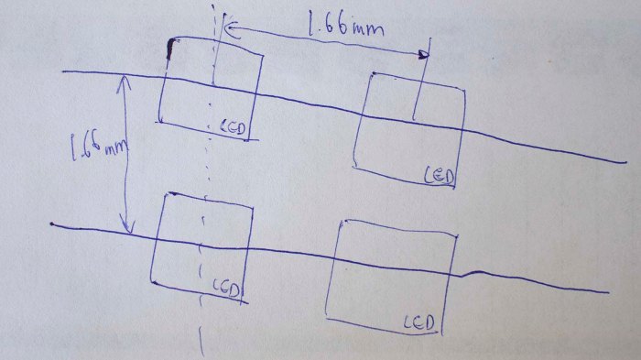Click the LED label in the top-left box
(234, 127)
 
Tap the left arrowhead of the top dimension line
(228, 28)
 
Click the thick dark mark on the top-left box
(169, 50)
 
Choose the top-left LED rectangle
(211, 87)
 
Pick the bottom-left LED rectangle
(203, 247)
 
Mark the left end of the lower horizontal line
(52, 224)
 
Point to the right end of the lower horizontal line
(607, 293)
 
